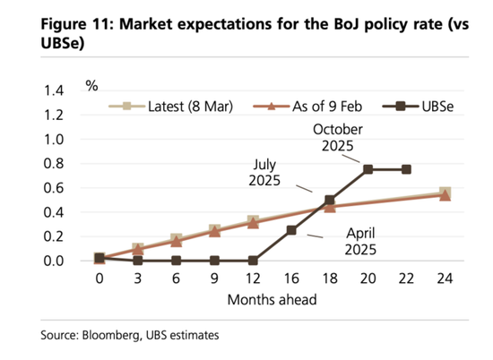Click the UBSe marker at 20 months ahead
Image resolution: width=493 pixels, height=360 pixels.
click(x=368, y=169)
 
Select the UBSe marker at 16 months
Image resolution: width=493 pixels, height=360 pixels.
click(x=291, y=230)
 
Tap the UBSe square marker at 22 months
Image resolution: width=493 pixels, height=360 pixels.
click(x=406, y=169)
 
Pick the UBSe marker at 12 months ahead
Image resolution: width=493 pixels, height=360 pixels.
click(x=253, y=261)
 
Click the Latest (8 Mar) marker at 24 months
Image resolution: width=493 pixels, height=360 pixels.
click(x=445, y=193)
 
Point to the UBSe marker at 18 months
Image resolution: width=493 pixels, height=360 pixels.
click(x=330, y=200)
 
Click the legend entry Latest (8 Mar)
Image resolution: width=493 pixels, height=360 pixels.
click(x=171, y=107)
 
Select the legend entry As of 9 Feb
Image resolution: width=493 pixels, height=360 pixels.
click(x=307, y=107)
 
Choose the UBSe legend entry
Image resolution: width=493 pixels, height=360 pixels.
click(x=419, y=107)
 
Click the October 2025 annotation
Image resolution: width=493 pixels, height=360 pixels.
click(x=338, y=138)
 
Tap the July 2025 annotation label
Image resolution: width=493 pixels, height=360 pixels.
click(x=264, y=173)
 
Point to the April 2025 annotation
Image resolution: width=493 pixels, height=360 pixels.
click(x=360, y=241)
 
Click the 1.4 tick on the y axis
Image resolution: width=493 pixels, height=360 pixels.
click(x=54, y=90)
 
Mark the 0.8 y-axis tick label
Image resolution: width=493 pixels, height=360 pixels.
click(x=54, y=164)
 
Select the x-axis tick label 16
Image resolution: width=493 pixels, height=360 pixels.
click(x=291, y=279)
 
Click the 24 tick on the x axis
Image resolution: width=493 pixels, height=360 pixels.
click(x=445, y=279)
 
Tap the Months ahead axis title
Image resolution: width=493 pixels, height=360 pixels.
click(x=272, y=300)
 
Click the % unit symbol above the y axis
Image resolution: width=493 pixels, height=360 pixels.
click(x=91, y=86)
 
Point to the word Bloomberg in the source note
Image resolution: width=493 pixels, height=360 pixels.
click(x=111, y=335)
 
